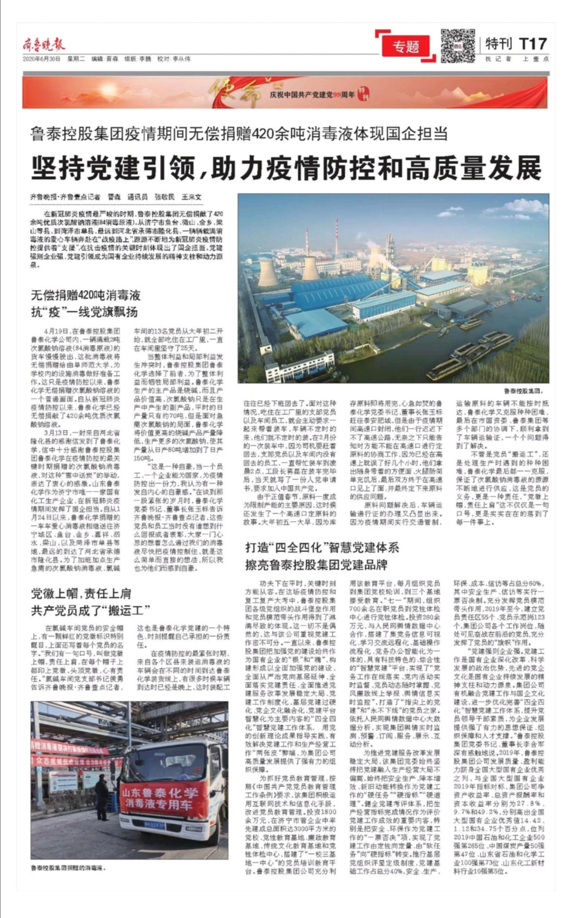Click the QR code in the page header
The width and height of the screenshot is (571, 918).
pyautogui.click(x=458, y=46)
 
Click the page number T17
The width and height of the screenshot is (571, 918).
pyautogui.click(x=533, y=43)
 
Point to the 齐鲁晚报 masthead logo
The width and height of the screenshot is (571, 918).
pyautogui.click(x=44, y=44)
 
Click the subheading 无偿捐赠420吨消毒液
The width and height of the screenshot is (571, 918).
pyautogui.click(x=86, y=295)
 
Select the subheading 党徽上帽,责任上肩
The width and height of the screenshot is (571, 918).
pyautogui.click(x=81, y=594)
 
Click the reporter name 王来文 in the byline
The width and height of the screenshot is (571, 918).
pyautogui.click(x=191, y=197)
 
